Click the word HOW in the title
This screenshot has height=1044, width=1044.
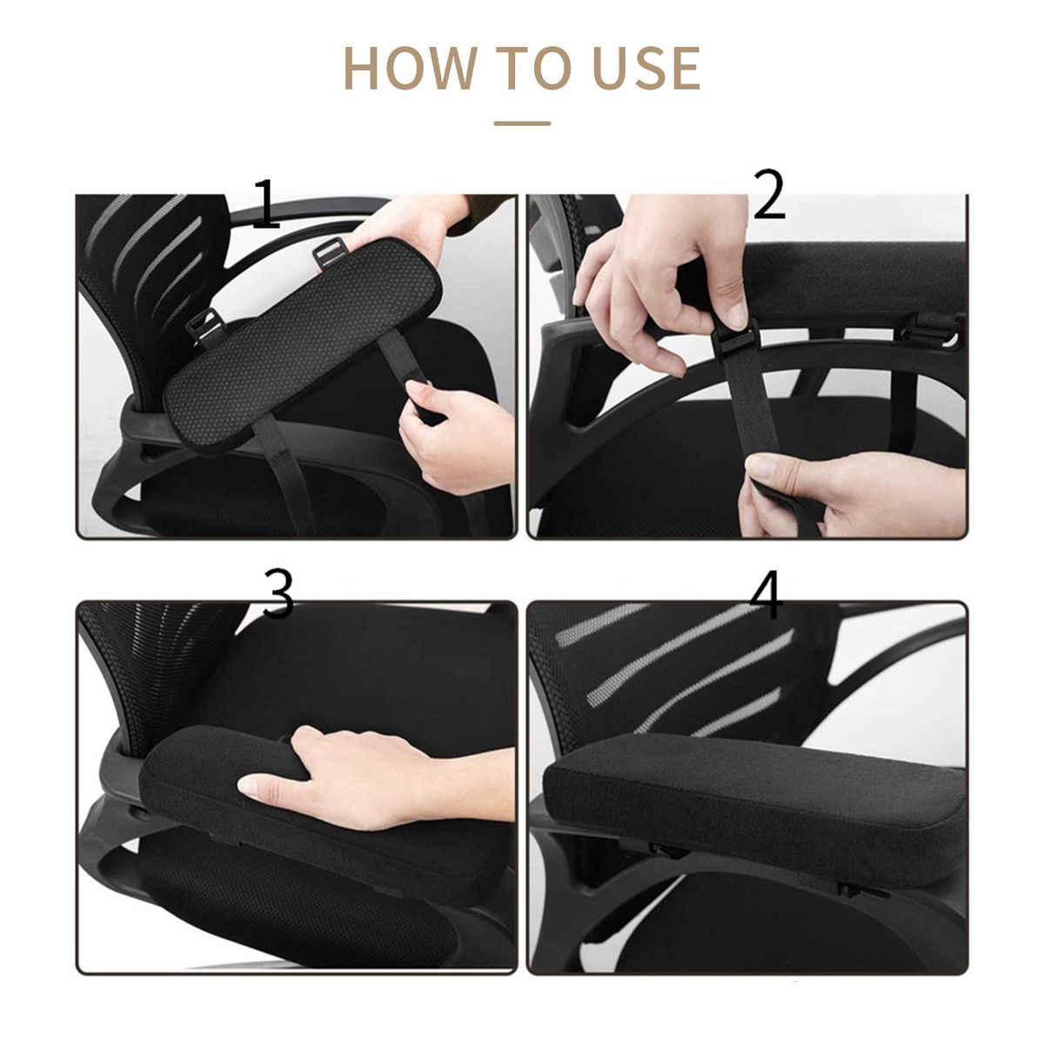[x=410, y=68]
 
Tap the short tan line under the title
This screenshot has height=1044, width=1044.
[x=522, y=124]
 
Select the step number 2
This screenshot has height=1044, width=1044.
[x=769, y=194]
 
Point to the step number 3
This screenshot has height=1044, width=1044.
[x=278, y=594]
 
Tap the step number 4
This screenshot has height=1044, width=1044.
[x=766, y=594]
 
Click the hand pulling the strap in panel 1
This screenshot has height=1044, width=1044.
[x=455, y=433]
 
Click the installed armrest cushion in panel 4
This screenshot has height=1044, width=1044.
[x=753, y=807]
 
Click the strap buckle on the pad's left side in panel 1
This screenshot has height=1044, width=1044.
[x=206, y=328]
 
